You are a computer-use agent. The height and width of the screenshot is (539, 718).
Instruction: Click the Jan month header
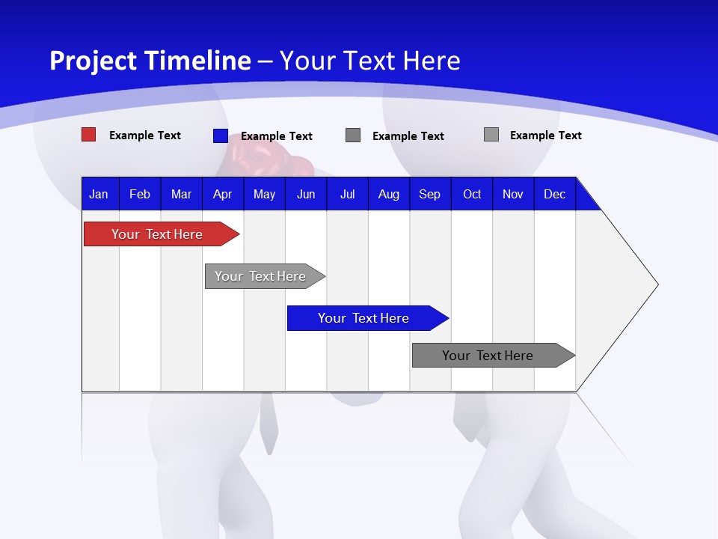click(x=99, y=194)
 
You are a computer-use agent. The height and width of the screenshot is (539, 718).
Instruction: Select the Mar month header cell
click(x=181, y=194)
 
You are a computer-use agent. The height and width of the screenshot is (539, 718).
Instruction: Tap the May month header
click(x=264, y=194)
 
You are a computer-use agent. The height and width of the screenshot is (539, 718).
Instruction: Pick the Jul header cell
click(x=347, y=194)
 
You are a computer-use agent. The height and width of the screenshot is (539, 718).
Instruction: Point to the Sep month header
click(x=429, y=194)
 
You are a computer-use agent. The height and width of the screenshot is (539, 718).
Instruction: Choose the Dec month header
click(x=554, y=194)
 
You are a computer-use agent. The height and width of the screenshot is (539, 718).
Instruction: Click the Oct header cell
click(x=472, y=194)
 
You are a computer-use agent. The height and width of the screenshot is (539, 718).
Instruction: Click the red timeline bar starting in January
click(x=157, y=234)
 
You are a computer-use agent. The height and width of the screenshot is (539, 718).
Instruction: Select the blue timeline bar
click(x=363, y=318)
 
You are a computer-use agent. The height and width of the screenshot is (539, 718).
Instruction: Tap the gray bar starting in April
click(x=260, y=276)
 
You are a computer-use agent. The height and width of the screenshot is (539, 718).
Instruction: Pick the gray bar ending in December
click(x=488, y=356)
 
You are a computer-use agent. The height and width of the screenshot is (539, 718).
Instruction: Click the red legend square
click(x=88, y=135)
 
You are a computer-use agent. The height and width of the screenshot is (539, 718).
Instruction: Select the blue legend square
click(x=220, y=135)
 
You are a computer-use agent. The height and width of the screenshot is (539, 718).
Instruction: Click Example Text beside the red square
click(x=145, y=135)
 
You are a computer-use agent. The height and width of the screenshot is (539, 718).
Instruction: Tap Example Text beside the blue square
click(x=277, y=136)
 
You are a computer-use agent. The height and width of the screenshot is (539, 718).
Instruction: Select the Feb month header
click(x=140, y=194)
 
